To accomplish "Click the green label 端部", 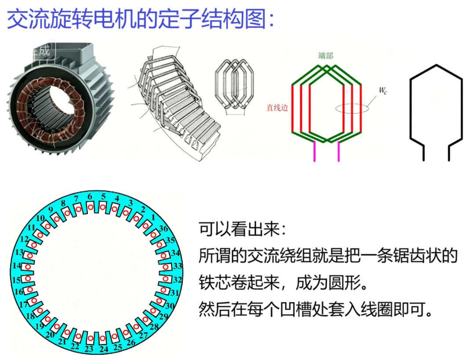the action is click(325, 55).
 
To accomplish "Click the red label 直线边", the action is click(277, 107).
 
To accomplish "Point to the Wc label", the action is click(383, 91).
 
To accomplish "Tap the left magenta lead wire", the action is click(314, 151).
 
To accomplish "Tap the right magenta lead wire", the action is click(338, 151).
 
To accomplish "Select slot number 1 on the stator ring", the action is click(153, 217).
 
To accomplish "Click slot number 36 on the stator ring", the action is click(163, 229).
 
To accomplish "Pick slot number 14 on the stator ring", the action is click(17, 265).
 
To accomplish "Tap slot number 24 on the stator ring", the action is click(104, 349).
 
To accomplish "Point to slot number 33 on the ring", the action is click(177, 265).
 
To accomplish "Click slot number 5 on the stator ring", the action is click(103, 197).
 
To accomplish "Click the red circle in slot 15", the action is click(28, 278).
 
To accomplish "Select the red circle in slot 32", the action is click(165, 279).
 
